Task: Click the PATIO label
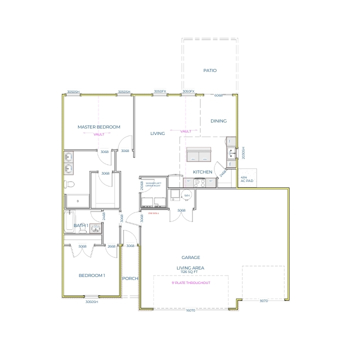(210, 70)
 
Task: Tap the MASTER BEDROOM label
(99, 127)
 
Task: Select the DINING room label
(218, 121)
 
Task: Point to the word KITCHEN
(203, 172)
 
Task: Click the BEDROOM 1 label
(92, 275)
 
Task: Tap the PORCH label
(130, 278)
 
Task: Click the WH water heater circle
(187, 195)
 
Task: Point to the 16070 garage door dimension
(190, 310)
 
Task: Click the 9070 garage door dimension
(263, 301)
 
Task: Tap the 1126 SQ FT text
(190, 272)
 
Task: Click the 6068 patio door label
(218, 95)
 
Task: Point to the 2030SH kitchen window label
(243, 153)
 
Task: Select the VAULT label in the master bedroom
(98, 134)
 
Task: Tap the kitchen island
(198, 154)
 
